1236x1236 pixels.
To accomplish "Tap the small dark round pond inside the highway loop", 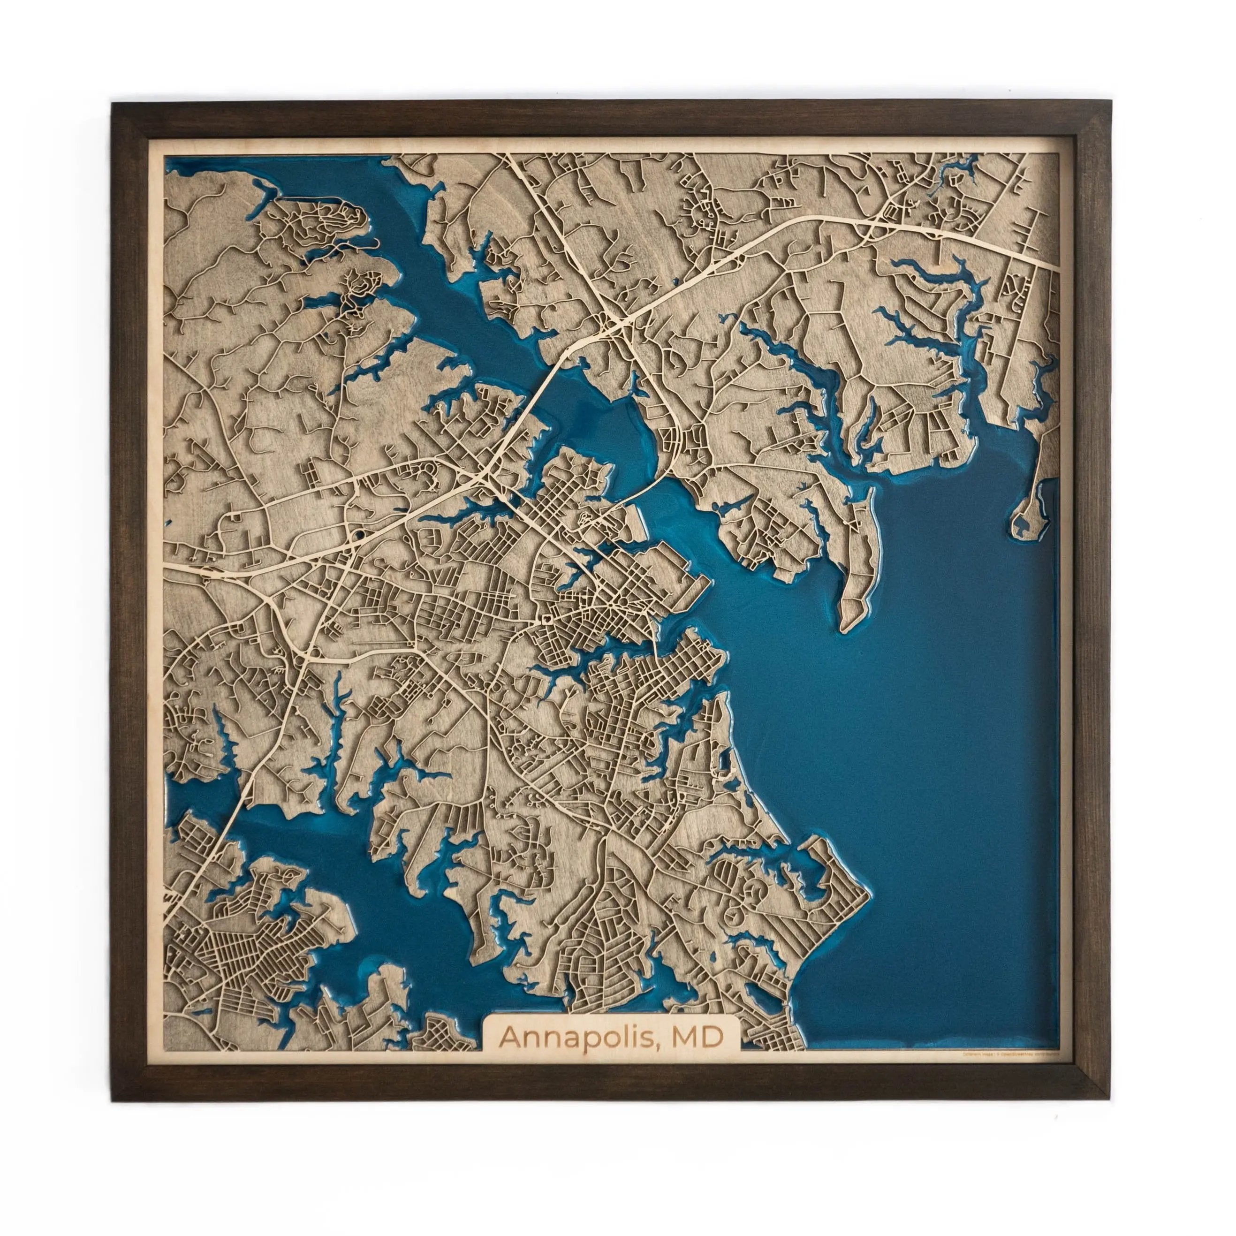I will [x=360, y=532].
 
